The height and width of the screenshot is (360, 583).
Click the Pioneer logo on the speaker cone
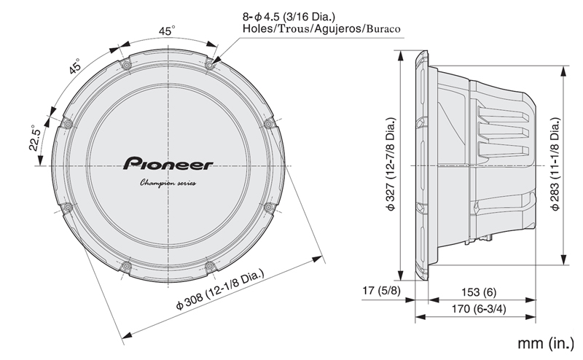click(168, 162)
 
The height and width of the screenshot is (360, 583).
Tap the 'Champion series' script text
click(168, 183)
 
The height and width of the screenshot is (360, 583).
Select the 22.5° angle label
click(34, 136)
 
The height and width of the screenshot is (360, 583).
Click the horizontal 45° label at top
click(168, 31)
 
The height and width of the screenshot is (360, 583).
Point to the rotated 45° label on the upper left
click(75, 68)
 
